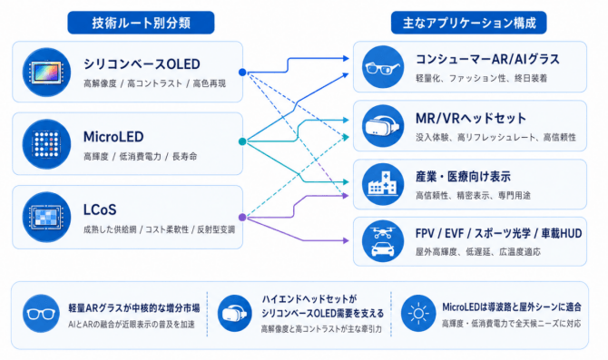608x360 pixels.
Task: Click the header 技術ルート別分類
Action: pyautogui.click(x=142, y=23)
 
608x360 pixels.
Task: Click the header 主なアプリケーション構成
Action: pyautogui.click(x=469, y=23)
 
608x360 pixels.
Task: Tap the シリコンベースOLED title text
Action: pyautogui.click(x=142, y=64)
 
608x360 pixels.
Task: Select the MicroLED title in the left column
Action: pyautogui.click(x=113, y=137)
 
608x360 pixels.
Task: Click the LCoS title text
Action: pyautogui.click(x=100, y=209)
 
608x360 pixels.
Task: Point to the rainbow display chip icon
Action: pyautogui.click(x=46, y=72)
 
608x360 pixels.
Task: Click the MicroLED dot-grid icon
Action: pyautogui.click(x=46, y=144)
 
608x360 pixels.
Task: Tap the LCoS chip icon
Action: pyautogui.click(x=46, y=217)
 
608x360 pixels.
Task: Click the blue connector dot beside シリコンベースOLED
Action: pyautogui.click(x=242, y=72)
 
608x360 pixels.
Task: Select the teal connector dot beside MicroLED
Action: pyautogui.click(x=242, y=141)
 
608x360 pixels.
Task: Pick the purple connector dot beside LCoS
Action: pyautogui.click(x=242, y=217)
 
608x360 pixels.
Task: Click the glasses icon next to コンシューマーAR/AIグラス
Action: pyautogui.click(x=383, y=67)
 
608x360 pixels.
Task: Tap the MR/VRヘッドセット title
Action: pyautogui.click(x=471, y=118)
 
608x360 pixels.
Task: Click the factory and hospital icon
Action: pyautogui.click(x=383, y=184)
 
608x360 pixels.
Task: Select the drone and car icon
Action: pyautogui.click(x=383, y=241)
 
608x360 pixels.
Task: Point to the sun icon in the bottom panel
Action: pyautogui.click(x=418, y=313)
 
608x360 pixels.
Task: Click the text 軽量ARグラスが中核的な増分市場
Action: pyautogui.click(x=134, y=308)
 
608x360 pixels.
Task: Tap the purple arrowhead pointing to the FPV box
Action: pyautogui.click(x=346, y=240)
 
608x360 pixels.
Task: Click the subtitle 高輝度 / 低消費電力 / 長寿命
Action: pyautogui.click(x=141, y=157)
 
